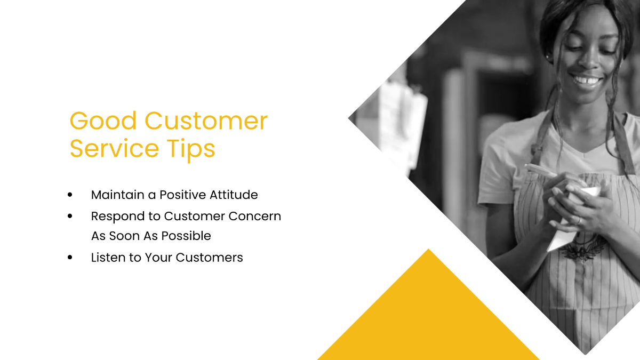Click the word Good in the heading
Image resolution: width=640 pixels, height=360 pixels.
[x=103, y=122]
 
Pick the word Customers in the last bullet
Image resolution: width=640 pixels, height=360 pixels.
[x=209, y=257]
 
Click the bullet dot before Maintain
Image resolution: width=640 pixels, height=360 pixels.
[x=70, y=195]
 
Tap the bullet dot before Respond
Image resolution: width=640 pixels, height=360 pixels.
[x=70, y=217]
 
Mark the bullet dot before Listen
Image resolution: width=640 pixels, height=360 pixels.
[x=70, y=258]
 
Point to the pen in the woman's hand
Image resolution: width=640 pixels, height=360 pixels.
[x=544, y=172]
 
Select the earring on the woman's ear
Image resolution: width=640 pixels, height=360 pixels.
[x=548, y=57]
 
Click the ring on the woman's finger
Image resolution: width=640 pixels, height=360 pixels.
[x=578, y=220]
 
